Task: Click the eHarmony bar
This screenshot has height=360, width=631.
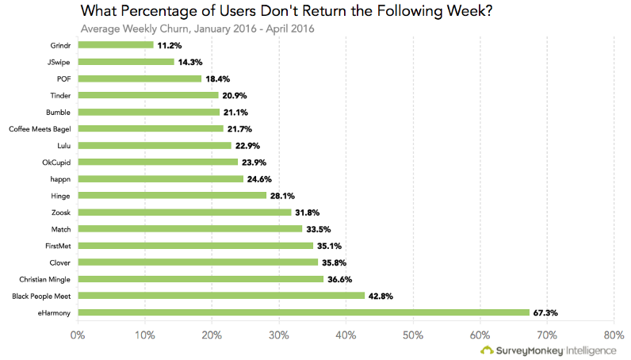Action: [x=304, y=312]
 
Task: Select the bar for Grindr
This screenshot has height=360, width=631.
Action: [x=116, y=44]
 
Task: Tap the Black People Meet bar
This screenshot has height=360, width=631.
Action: [x=221, y=296]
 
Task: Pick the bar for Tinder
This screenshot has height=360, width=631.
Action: [x=148, y=95]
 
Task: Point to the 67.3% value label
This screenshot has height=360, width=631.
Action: [x=545, y=313]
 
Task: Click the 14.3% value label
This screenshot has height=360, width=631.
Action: [x=190, y=62]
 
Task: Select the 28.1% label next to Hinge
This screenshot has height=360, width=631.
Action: [x=282, y=196]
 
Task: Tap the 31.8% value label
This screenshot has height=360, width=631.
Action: [x=308, y=213]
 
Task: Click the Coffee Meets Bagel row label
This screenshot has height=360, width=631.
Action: [x=40, y=129]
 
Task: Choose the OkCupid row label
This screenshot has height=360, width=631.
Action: [x=56, y=163]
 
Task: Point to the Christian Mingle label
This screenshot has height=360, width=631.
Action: [x=44, y=279]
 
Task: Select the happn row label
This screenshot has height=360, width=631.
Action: [x=60, y=179]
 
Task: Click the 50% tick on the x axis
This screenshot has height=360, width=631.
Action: [x=413, y=335]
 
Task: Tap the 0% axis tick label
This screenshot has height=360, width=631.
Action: [x=78, y=335]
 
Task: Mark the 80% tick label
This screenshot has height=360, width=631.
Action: [x=614, y=335]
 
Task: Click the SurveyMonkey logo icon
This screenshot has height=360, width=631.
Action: [x=487, y=350]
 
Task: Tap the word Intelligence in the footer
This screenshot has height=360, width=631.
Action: [x=591, y=350]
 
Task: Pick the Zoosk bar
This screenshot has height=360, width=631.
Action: [x=185, y=213]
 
